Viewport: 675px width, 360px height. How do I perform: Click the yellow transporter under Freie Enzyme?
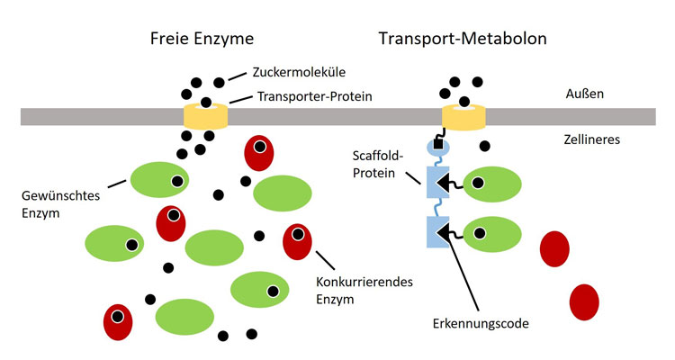206,116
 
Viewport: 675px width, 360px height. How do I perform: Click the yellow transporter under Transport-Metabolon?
463,116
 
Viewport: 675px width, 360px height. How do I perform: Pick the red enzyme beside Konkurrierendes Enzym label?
297,241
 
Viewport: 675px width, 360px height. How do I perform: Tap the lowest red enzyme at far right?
584,301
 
